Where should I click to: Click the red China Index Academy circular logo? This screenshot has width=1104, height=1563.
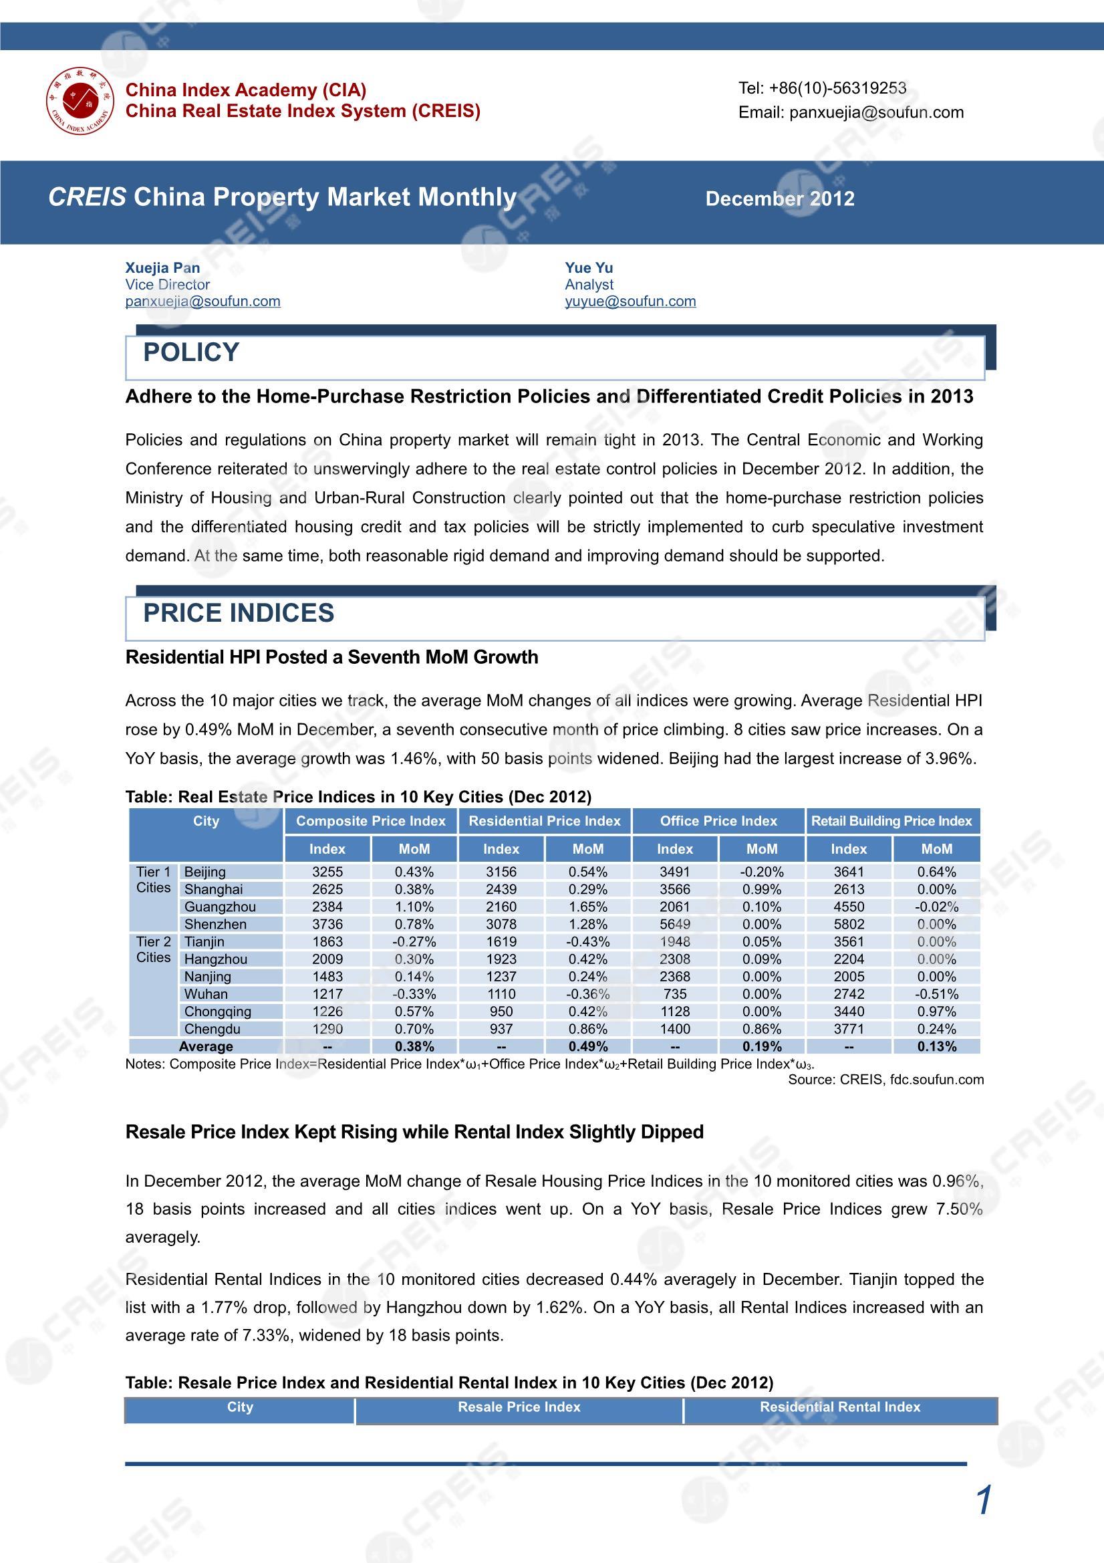80,101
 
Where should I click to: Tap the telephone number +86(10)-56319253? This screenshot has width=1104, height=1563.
822,88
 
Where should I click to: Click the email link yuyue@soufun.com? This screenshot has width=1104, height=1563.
630,302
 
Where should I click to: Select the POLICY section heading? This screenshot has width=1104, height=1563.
191,352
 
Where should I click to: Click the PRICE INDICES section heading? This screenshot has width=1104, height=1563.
238,613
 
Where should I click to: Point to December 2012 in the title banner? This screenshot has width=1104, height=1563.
780,199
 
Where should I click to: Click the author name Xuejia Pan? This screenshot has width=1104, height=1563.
162,267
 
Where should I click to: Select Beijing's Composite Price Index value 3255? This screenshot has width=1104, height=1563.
327,872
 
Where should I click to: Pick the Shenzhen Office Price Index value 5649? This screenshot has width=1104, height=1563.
674,925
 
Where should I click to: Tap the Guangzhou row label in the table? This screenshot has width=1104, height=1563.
220,907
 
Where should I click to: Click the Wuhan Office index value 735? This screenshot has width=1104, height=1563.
674,995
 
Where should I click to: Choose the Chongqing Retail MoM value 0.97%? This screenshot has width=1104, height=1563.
936,1011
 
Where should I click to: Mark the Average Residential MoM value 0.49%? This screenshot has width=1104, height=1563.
588,1046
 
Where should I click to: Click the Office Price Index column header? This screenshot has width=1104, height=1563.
718,821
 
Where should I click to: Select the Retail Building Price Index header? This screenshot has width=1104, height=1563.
891,821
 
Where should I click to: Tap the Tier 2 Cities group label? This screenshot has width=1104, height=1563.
153,950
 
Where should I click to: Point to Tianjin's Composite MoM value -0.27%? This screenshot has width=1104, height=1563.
414,942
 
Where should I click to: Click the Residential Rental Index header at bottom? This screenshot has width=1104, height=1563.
840,1407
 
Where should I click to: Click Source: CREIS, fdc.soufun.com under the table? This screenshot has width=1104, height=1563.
885,1080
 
